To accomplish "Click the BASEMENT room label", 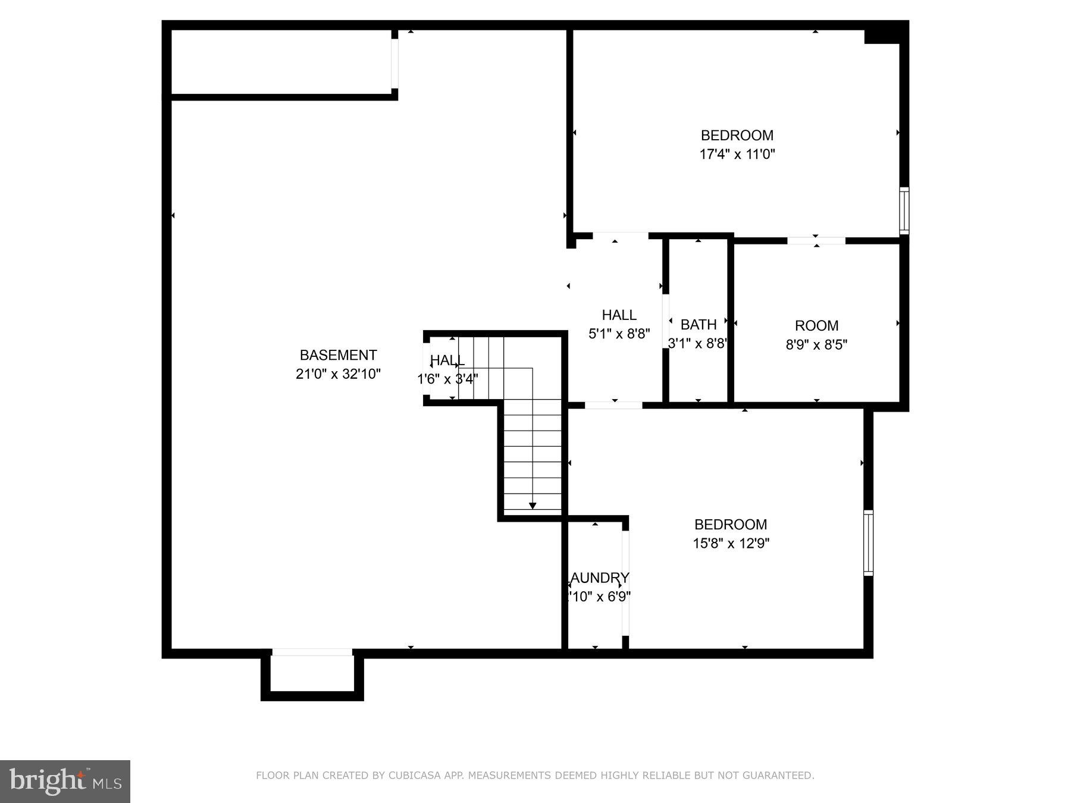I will click(338, 355).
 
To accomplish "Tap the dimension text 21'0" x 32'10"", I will click(338, 374).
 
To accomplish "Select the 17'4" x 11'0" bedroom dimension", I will click(737, 155).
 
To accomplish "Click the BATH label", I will click(698, 325).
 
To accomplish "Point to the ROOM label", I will click(816, 326).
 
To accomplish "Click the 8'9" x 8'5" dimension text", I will click(816, 345).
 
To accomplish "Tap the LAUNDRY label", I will click(599, 578).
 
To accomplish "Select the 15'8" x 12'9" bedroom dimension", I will click(731, 543).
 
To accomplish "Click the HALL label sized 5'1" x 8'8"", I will click(619, 315).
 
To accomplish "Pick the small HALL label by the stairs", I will click(447, 360).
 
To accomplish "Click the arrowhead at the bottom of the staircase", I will click(533, 506).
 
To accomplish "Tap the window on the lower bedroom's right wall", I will click(868, 542).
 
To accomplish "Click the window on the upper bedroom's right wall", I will click(904, 211).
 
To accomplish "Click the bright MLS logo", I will click(65, 781).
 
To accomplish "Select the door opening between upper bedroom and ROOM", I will click(816, 241).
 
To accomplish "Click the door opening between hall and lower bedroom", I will click(613, 406).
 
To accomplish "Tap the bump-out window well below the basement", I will click(312, 675).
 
